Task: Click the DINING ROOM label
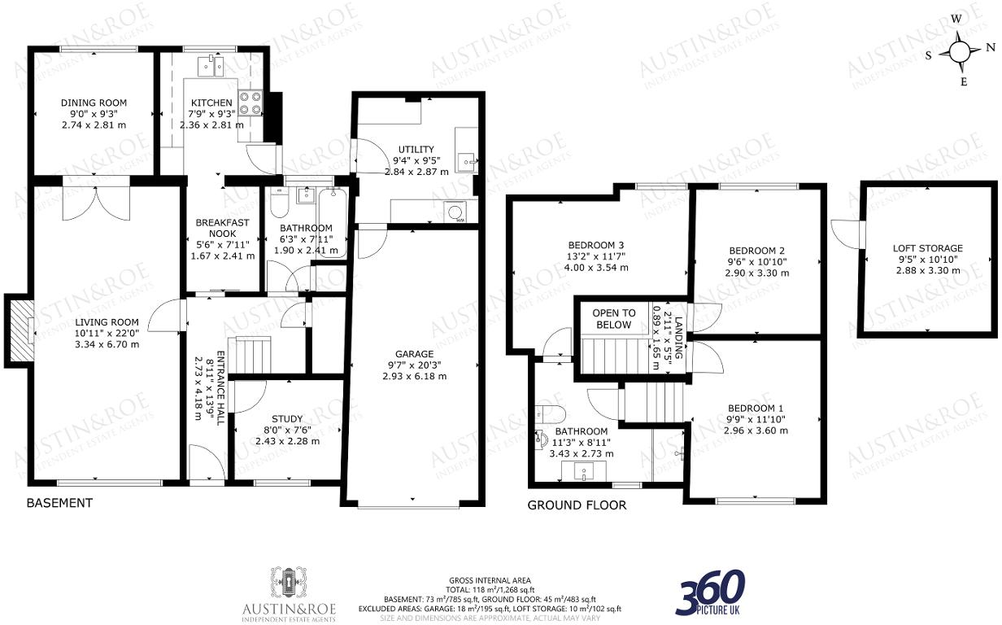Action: click(94, 103)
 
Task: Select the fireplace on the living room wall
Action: click(20, 330)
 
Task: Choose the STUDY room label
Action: click(286, 418)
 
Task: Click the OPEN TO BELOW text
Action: click(613, 319)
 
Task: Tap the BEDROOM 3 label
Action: click(597, 245)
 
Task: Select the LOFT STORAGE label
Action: click(927, 248)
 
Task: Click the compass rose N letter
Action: click(990, 48)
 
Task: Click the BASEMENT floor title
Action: click(59, 503)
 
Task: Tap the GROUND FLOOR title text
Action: click(577, 505)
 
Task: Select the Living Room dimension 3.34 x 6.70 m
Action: click(107, 344)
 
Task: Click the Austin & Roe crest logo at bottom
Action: click(290, 583)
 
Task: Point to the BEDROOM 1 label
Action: click(756, 409)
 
